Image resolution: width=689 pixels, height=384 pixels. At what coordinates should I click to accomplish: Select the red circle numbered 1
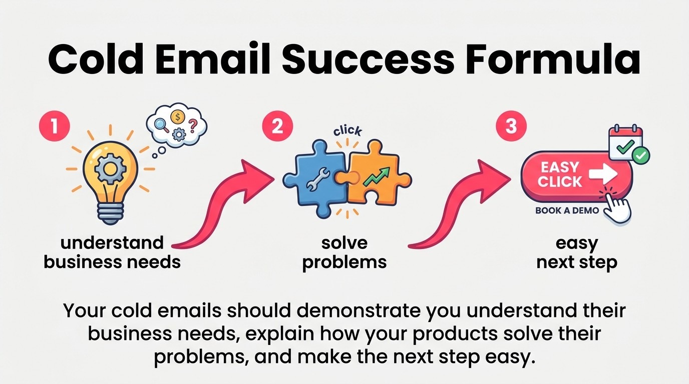pos(54,126)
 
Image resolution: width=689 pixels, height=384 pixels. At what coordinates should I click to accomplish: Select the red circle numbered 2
pos(276,126)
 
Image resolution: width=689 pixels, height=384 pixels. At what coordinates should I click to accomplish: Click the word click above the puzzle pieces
pos(347,131)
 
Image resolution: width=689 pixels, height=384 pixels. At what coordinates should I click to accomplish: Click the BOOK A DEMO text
pos(567,210)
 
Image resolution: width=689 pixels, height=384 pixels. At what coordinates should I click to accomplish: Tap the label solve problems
pos(344,252)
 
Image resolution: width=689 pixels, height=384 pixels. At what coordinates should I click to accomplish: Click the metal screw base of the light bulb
pos(110,214)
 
